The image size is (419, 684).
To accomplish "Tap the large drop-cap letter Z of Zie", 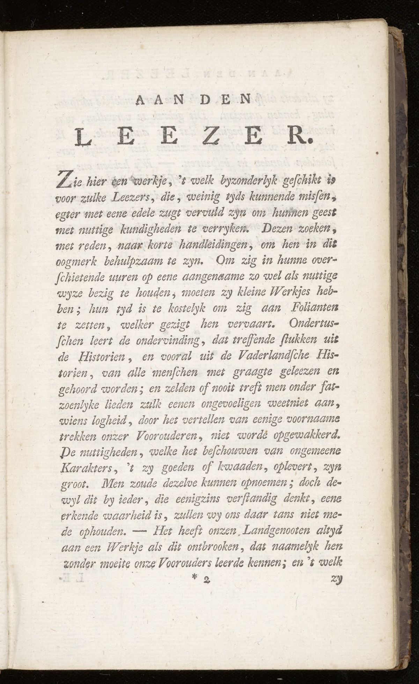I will coord(64,183).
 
